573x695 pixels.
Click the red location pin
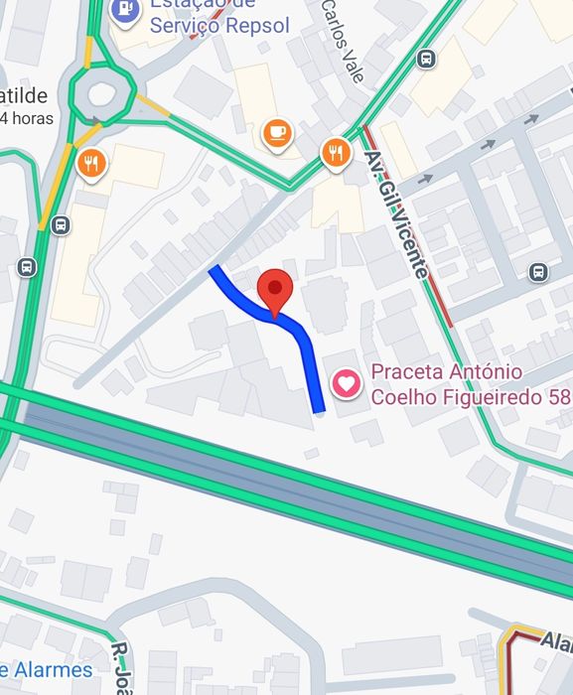[x=275, y=289]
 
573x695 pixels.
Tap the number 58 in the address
[x=559, y=397]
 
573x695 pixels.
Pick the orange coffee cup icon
[x=276, y=132]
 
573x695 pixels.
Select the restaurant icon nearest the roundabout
[x=91, y=163]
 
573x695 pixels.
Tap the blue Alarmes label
[x=47, y=669]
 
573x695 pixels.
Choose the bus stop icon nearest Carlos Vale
[x=426, y=59]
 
